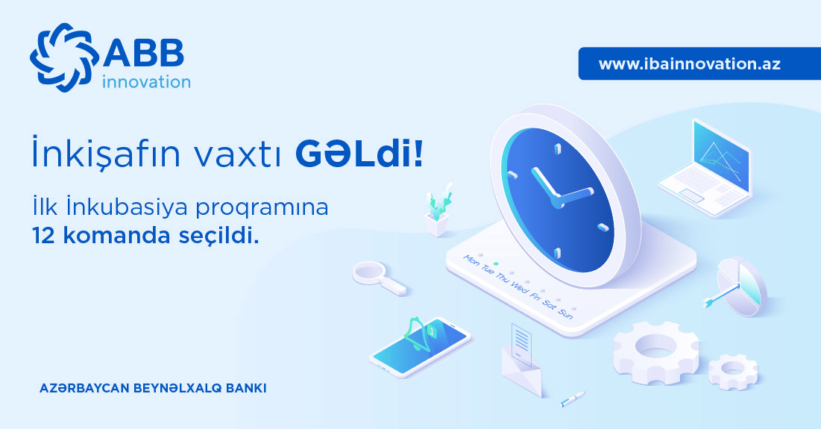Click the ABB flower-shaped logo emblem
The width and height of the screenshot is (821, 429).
tap(64, 57)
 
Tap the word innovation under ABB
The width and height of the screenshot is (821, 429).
tap(146, 82)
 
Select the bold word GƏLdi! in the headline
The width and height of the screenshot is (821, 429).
tap(359, 154)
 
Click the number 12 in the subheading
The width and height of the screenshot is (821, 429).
tap(43, 236)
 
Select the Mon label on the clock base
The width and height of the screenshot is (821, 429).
tap(471, 260)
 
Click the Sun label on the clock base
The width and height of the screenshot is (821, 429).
tap(565, 313)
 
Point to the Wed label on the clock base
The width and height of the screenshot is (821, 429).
tap(520, 287)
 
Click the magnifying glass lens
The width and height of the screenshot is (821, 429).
tap(370, 272)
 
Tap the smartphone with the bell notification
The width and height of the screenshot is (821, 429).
tap(420, 346)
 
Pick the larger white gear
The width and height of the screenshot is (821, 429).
tap(655, 352)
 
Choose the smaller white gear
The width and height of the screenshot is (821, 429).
tap(733, 372)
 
